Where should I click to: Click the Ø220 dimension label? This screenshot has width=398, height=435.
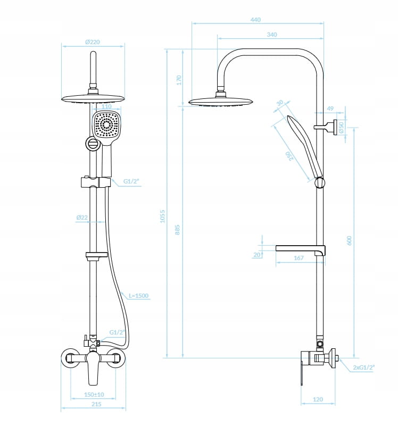93,41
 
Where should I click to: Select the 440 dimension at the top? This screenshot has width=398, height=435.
255,20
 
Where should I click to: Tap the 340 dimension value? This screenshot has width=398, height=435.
271,35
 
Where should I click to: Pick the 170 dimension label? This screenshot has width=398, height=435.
179,80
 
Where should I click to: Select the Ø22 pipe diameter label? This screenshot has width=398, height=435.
82,217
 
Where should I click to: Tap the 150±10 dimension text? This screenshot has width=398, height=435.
94,395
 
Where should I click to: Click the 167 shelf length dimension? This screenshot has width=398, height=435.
298,258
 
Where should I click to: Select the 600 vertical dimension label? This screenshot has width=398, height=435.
349,240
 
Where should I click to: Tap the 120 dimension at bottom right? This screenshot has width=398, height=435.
318,399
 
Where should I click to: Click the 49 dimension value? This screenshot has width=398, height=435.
330,109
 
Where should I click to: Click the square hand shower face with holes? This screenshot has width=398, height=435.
106,127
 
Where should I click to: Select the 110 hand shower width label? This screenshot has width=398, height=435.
106,106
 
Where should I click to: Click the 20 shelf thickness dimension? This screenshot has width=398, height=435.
257,255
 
